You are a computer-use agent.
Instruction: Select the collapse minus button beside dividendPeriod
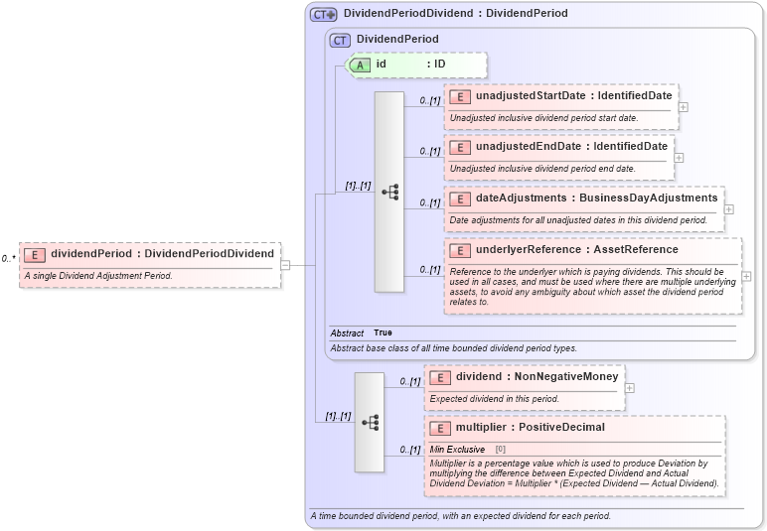[x=285, y=265]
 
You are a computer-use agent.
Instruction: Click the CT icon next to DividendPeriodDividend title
[x=323, y=14]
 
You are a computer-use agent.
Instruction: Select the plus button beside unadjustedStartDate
[x=684, y=106]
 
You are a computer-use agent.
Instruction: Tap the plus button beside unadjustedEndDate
[x=679, y=157]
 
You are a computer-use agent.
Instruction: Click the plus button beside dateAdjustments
[x=729, y=208]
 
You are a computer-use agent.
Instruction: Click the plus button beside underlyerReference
[x=746, y=276]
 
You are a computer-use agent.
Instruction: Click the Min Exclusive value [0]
[x=500, y=450]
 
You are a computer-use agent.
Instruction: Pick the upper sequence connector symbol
[x=389, y=192]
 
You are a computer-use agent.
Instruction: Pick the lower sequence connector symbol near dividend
[x=370, y=422]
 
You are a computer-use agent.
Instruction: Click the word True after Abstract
[x=383, y=332]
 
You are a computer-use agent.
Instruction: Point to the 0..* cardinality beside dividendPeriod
[x=8, y=259]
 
